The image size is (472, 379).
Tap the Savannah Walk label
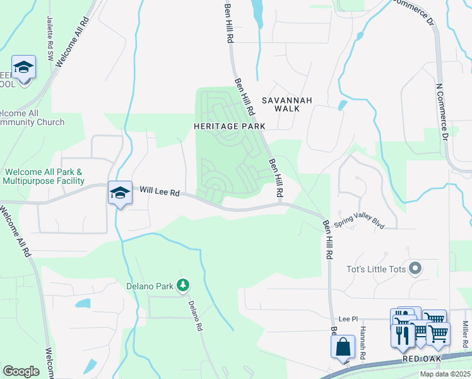tap(287, 104)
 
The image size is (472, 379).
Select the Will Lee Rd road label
tap(160, 190)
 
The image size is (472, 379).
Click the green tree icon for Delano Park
tap(183, 286)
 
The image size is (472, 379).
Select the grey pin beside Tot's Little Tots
tap(415, 269)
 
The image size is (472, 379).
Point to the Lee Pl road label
tap(348, 320)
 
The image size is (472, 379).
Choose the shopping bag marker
tap(343, 347)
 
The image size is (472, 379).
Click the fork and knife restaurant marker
tap(402, 332)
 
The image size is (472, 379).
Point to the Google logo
tap(21, 371)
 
